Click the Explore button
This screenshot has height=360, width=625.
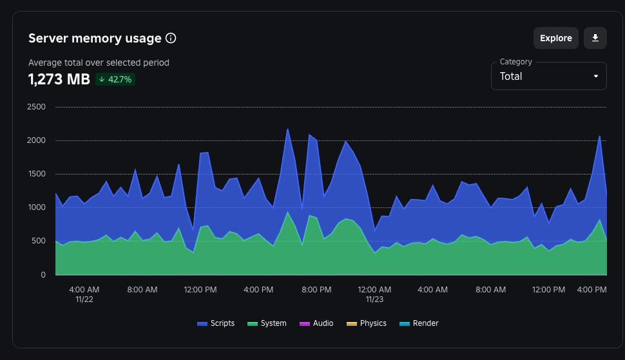(555, 38)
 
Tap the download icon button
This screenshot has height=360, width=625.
(595, 38)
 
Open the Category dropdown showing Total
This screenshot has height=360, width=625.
(548, 76)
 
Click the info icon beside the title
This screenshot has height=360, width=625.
(171, 38)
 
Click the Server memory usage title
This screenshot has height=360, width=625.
(95, 38)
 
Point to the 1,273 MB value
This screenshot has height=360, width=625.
(59, 79)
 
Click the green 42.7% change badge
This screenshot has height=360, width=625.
(115, 79)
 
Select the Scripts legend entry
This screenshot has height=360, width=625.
(216, 323)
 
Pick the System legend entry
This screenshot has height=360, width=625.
(267, 323)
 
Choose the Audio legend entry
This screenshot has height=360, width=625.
(317, 323)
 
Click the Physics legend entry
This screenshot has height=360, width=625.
(367, 323)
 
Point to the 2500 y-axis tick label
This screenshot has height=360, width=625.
(36, 107)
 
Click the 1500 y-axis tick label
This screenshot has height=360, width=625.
(36, 174)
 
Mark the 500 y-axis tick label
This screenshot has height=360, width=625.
(39, 241)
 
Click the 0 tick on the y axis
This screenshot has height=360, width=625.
(43, 275)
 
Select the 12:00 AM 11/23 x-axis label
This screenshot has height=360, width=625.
(374, 294)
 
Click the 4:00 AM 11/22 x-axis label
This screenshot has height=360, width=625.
(84, 294)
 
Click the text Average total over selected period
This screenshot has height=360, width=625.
(99, 62)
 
